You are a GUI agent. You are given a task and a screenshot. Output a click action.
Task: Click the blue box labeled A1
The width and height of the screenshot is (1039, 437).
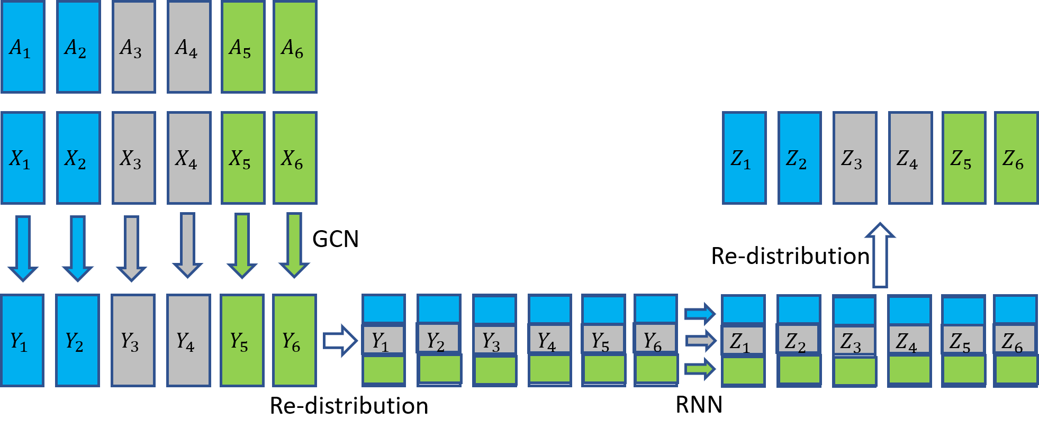point(23,47)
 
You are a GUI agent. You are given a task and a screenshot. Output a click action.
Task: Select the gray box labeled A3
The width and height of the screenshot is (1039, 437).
point(133,47)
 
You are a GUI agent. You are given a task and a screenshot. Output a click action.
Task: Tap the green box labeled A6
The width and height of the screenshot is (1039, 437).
point(295,47)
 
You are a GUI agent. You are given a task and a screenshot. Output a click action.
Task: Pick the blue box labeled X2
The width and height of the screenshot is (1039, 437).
point(78,158)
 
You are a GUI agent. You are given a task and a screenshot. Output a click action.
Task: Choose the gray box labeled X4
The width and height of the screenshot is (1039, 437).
point(189,158)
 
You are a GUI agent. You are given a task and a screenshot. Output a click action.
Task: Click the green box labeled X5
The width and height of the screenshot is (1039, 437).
point(243,158)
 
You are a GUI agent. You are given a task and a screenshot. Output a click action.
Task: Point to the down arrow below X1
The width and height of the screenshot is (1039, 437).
point(23,248)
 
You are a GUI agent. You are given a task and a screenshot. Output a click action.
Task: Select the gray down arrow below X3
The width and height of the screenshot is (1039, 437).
point(131,248)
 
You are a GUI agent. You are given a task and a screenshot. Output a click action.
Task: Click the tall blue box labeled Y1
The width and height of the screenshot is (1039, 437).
point(22,340)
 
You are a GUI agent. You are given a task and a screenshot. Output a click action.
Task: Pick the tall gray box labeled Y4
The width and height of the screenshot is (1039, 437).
point(188,340)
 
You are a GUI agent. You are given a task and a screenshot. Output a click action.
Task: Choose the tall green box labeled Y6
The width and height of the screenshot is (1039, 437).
point(294,340)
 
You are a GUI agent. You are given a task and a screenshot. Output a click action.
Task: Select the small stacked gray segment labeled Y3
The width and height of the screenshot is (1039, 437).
point(494,340)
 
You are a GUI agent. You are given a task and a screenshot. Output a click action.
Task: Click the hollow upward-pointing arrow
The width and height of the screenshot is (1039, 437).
point(880,255)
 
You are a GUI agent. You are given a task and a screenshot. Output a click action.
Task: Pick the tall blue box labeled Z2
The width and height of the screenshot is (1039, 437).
point(799,158)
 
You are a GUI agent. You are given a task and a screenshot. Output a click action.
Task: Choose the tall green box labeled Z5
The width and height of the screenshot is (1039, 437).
point(964,158)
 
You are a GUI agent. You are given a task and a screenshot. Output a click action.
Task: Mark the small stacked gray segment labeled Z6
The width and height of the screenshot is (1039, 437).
point(1015,340)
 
